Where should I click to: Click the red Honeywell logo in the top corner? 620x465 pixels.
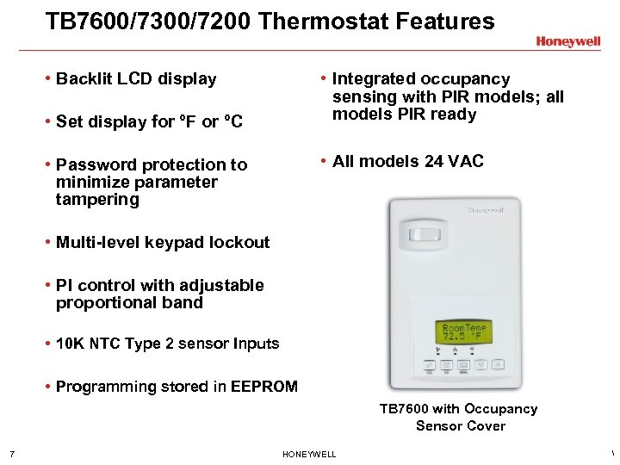click(x=567, y=41)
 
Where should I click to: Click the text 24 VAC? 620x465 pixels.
click(x=453, y=161)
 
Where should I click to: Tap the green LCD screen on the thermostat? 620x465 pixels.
click(x=465, y=332)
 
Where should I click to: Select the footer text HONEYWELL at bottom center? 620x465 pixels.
click(x=309, y=454)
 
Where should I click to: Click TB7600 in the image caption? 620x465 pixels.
click(x=408, y=409)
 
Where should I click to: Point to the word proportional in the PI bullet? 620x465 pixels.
click(x=99, y=303)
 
